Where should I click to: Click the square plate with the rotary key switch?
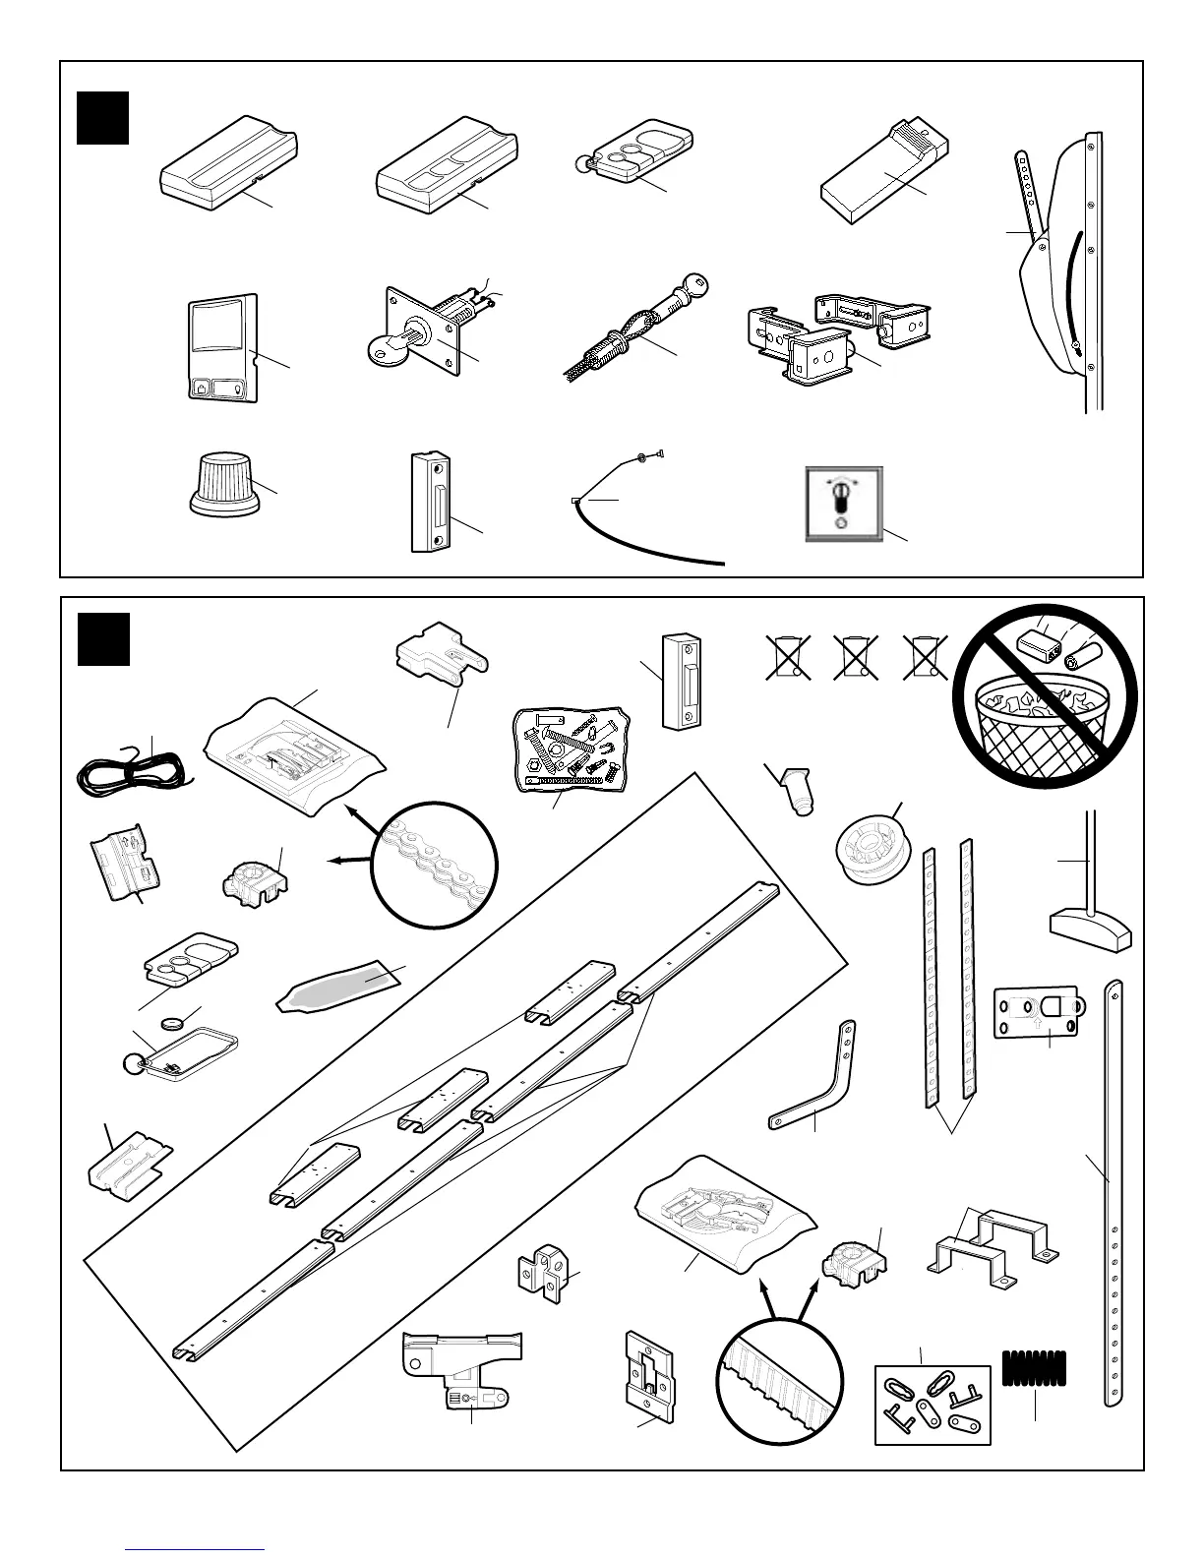click(x=844, y=503)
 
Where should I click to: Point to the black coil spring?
click(x=1034, y=1367)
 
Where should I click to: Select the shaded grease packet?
click(x=340, y=986)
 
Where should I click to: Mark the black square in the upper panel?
click(x=103, y=118)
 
